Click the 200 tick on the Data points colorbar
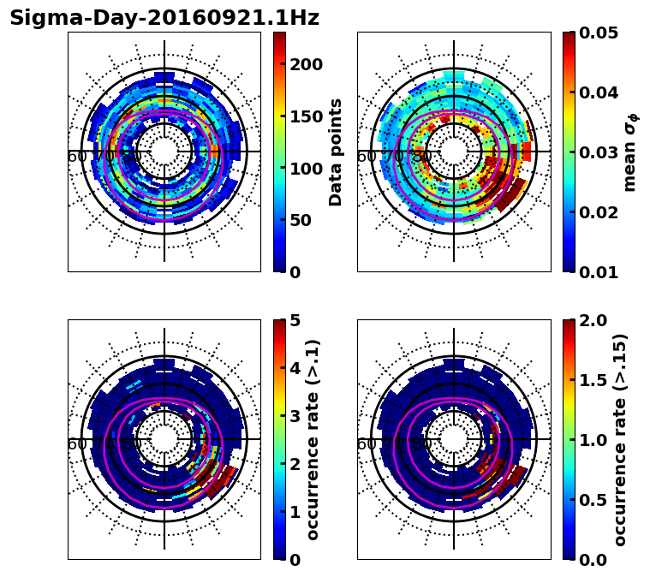(306, 65)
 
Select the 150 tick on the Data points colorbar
(306, 116)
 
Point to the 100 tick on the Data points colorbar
(306, 169)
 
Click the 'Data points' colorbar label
(336, 152)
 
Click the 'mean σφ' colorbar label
(630, 152)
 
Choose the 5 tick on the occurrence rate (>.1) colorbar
(295, 320)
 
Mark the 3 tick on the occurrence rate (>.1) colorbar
(295, 416)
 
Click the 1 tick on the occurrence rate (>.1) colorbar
(295, 512)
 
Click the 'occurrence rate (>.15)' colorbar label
(620, 439)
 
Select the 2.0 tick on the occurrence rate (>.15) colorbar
(596, 320)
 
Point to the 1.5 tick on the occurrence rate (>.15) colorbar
(596, 380)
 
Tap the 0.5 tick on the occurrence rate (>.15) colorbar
(596, 500)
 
